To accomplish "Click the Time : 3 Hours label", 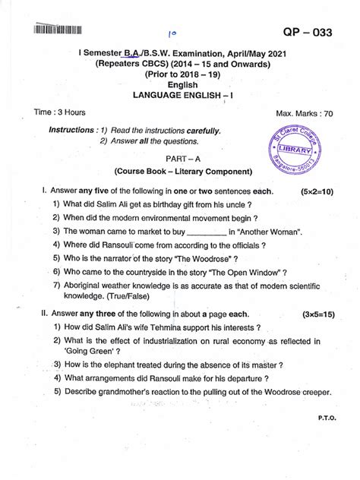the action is tap(60, 112).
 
